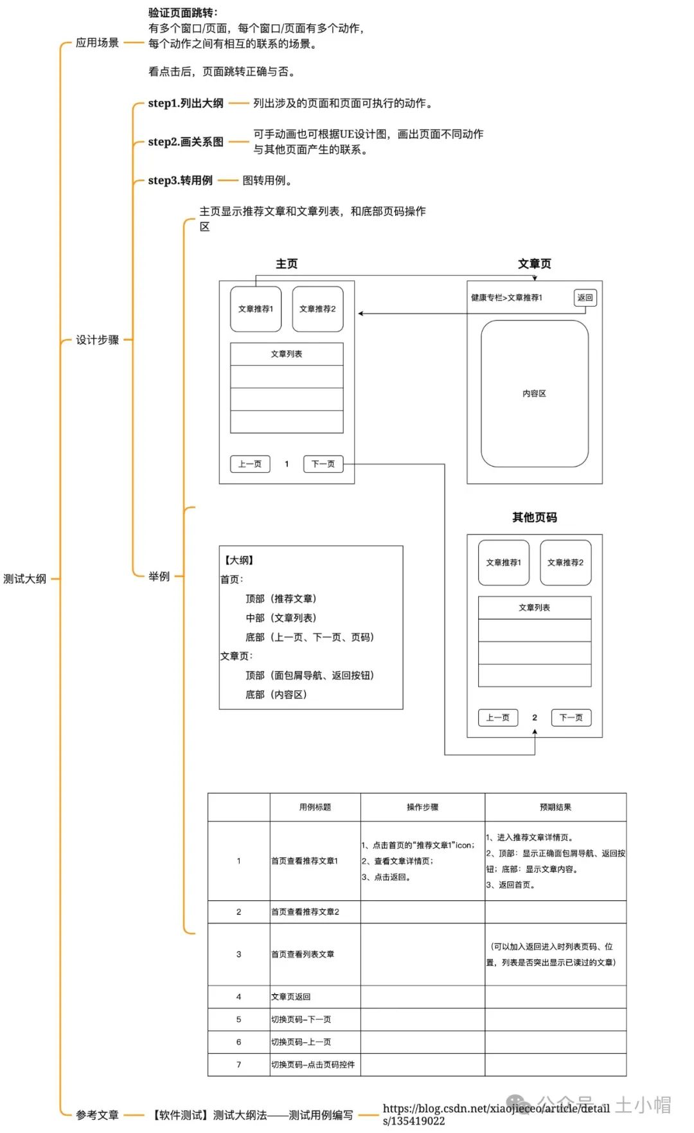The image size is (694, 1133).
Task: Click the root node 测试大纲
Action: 24,578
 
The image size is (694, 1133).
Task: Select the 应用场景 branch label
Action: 97,42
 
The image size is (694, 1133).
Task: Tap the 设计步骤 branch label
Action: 97,339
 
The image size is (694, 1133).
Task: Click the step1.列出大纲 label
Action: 185,103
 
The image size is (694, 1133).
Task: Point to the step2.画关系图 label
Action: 185,141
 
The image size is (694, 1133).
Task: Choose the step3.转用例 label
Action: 180,180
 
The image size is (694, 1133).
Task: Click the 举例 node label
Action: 159,576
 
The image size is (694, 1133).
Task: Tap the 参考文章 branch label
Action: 97,1114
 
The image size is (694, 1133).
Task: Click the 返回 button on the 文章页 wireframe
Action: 585,298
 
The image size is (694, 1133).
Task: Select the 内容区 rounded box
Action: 534,393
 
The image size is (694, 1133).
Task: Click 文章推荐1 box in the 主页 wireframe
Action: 256,309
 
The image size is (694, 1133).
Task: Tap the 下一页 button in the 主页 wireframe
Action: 323,464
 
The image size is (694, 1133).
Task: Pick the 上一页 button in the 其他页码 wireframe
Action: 497,717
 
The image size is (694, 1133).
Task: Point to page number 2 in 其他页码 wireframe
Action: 535,717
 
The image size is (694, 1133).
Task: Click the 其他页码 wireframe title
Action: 534,517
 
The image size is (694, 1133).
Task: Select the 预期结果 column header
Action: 555,807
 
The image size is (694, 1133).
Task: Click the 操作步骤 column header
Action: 422,807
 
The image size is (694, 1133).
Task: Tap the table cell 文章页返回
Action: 290,997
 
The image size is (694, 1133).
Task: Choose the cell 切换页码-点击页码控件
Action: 313,1064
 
